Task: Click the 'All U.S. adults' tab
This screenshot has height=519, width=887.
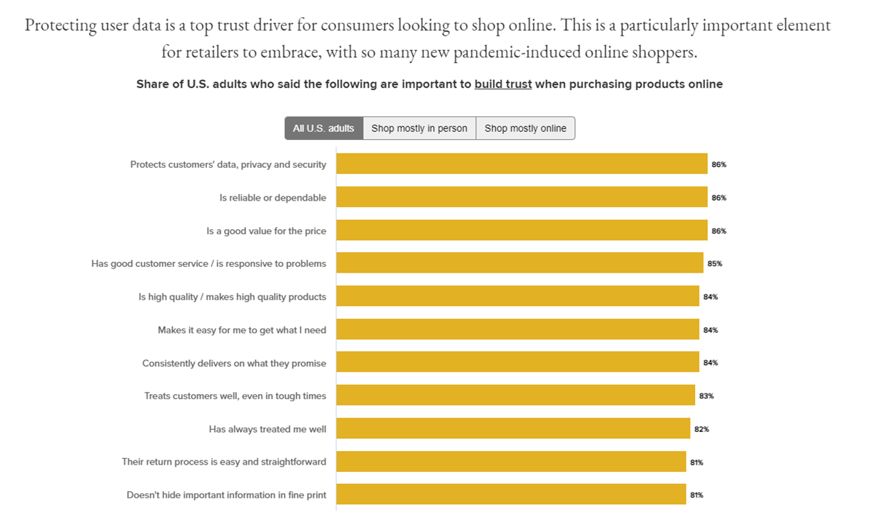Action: [x=323, y=129]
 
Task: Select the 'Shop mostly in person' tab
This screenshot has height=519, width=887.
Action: [x=419, y=129]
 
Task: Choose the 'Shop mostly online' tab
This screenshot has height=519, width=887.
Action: [x=525, y=129]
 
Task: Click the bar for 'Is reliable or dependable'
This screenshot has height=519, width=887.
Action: [x=522, y=197]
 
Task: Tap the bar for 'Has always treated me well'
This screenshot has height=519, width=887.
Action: [x=513, y=428]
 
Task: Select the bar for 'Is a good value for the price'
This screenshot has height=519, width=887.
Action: [x=522, y=230]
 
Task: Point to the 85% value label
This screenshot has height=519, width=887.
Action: [x=714, y=263]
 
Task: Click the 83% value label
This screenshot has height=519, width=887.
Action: [x=706, y=395]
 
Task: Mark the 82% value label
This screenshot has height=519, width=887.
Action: [x=701, y=429]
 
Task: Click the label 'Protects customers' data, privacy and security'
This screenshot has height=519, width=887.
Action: [x=228, y=164]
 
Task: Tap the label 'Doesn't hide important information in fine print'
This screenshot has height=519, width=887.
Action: [x=226, y=495]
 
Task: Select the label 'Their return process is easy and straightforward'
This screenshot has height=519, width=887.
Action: [x=223, y=462]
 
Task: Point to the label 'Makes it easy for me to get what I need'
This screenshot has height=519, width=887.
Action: [x=242, y=330]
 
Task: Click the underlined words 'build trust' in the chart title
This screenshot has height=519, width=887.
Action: [x=503, y=84]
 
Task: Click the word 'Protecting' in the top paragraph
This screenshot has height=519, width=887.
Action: [x=61, y=25]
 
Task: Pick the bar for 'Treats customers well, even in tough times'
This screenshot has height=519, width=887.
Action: [x=515, y=395]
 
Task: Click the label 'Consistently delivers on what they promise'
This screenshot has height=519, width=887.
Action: [x=234, y=363]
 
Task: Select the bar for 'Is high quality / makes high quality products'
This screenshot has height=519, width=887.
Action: [x=517, y=296]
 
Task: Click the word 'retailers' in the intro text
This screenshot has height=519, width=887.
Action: [x=215, y=52]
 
